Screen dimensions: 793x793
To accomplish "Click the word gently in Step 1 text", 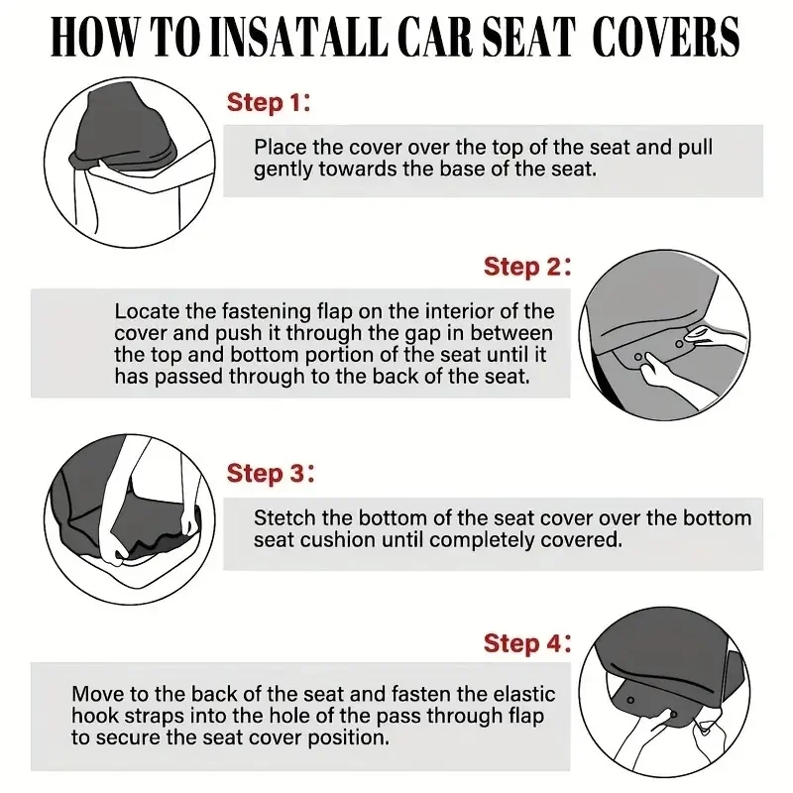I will pos(283,170).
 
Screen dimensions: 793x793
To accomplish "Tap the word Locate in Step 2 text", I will pos(143,312).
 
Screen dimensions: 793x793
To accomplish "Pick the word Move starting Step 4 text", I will pos(97,695).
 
